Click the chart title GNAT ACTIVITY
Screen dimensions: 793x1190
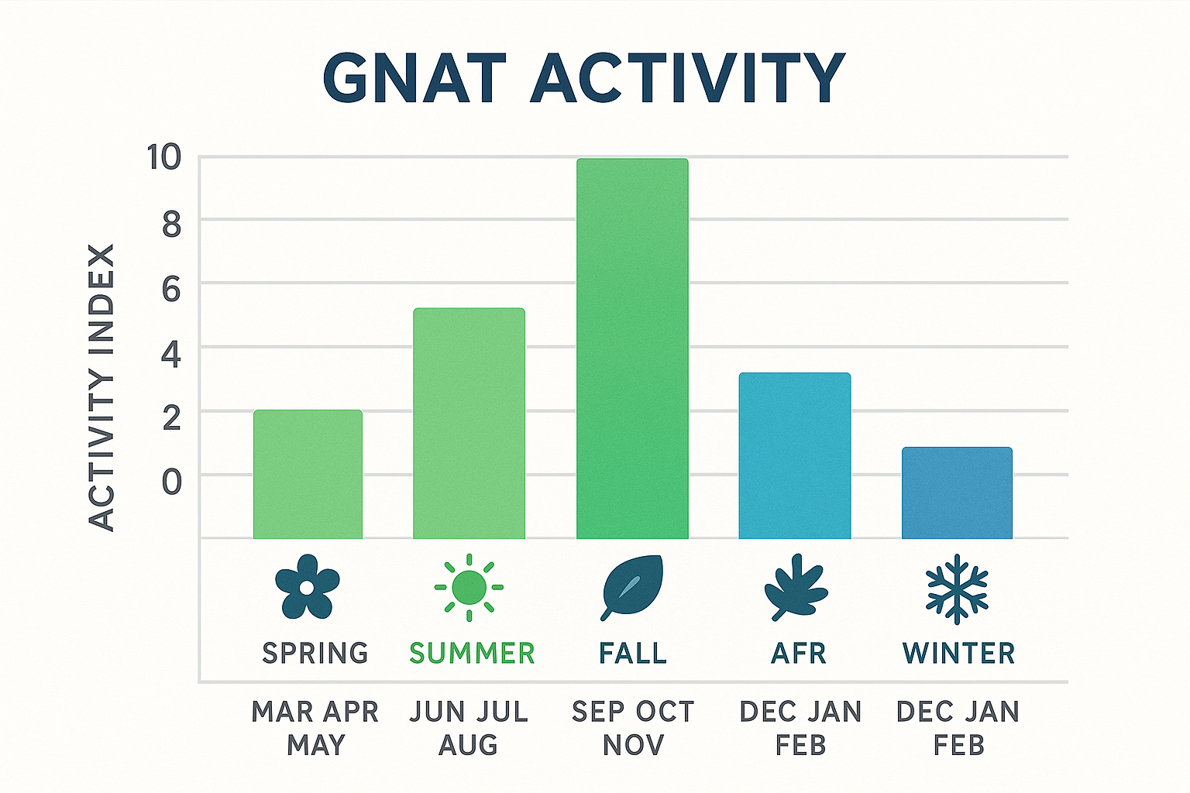[583, 78]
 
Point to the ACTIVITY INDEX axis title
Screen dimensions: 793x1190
[101, 387]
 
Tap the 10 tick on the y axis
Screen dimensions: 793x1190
[164, 158]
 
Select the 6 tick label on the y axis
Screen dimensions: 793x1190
[171, 290]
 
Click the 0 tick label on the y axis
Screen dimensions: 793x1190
[171, 482]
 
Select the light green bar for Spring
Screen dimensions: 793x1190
[308, 474]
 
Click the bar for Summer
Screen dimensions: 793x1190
[469, 423]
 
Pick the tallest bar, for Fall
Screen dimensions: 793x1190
[632, 348]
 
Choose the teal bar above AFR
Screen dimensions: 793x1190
[794, 455]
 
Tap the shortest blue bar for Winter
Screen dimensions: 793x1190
[957, 493]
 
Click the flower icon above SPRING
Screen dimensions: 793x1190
[308, 587]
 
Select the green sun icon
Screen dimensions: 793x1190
[469, 588]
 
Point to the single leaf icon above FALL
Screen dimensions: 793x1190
[632, 587]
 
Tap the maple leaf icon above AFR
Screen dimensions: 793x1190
[796, 588]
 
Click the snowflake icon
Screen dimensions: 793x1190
[958, 589]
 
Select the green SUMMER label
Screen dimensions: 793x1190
[472, 654]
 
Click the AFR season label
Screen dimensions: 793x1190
[798, 654]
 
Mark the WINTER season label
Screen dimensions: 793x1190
[958, 654]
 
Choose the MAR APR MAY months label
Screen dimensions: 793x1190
[315, 728]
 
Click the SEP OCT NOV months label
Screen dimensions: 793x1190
[633, 728]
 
